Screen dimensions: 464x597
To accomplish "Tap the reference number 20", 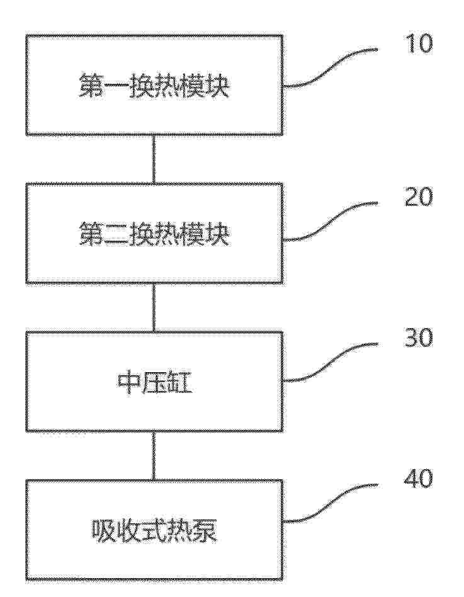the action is [x=418, y=197].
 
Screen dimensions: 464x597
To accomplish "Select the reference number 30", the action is [x=418, y=338].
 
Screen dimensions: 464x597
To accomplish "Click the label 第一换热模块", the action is [x=154, y=86].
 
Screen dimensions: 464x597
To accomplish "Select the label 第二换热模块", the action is [x=154, y=234].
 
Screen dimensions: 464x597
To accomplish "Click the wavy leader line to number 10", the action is [x=331, y=68].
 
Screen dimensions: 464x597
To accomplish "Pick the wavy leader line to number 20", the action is [x=331, y=222].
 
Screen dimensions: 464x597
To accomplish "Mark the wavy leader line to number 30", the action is [x=331, y=362].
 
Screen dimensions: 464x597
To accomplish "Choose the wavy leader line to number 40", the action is [x=331, y=503].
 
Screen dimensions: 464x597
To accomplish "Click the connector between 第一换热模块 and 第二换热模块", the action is [x=154, y=159].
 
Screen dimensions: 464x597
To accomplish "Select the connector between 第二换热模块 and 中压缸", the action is [x=154, y=307].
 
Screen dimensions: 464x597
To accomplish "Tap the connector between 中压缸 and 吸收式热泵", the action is [x=154, y=455].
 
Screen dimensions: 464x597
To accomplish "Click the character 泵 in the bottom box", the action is [x=205, y=530].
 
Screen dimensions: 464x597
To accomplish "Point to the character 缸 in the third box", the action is [x=180, y=383].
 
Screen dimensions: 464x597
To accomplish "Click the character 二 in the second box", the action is [x=116, y=235].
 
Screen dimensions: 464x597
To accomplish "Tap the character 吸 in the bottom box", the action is [x=103, y=530].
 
